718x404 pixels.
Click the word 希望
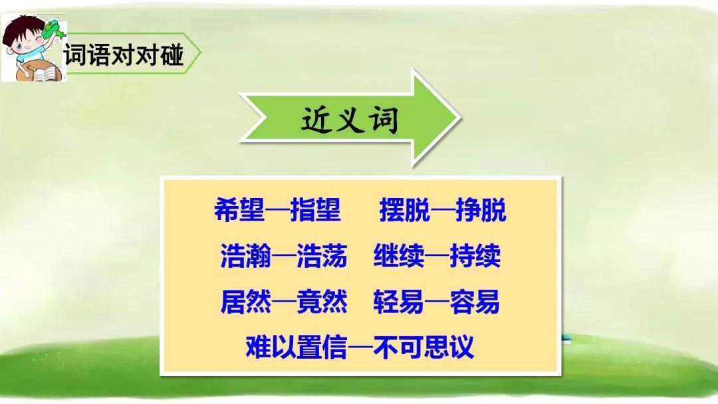239,210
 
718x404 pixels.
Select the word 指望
316,210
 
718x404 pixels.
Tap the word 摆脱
405,210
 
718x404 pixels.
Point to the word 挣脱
481,210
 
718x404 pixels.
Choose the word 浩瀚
246,255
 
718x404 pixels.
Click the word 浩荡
322,255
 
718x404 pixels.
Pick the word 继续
399,255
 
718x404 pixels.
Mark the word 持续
475,255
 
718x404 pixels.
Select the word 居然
246,302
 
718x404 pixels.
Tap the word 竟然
322,302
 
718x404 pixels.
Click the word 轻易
398,302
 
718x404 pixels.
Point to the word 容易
475,302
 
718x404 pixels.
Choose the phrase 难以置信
297,346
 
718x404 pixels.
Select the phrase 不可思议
423,346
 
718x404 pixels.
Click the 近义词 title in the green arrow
350,120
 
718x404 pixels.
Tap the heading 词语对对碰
124,54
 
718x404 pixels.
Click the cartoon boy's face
26,39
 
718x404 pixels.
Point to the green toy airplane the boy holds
53,30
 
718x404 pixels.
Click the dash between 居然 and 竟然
284,302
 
